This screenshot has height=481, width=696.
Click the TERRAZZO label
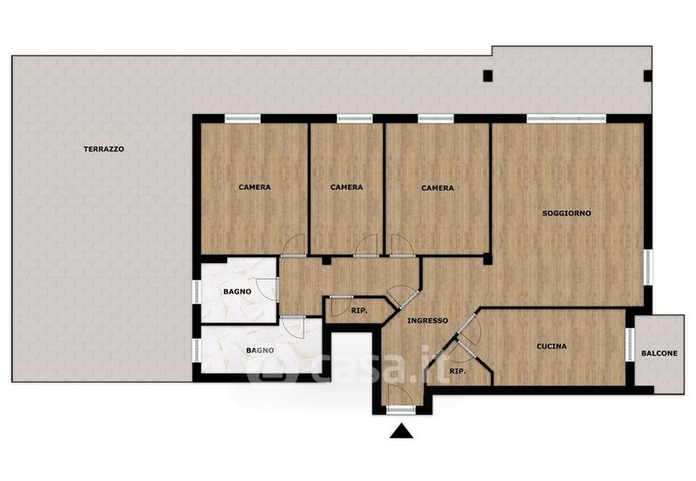coord(104,149)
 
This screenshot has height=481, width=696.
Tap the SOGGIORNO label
coord(567,213)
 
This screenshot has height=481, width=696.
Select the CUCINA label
coord(552,346)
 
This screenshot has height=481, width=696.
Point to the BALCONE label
coord(659,354)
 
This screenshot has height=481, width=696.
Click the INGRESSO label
coord(428,321)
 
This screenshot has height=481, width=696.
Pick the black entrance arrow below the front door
coord(402,430)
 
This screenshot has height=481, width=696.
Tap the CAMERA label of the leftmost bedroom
coord(255,187)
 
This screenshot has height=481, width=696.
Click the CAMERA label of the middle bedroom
coord(346,187)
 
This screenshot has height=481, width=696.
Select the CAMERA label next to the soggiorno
coord(438,188)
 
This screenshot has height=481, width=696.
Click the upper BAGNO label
coord(238,292)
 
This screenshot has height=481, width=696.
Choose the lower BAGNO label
coord(260,351)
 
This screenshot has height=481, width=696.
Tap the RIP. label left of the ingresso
coord(359,311)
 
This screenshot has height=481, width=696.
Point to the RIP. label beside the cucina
coord(458,371)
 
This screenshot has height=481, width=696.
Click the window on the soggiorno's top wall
coord(566,119)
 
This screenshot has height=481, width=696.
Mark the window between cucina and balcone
coord(630,344)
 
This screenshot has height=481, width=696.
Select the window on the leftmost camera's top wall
coord(243,119)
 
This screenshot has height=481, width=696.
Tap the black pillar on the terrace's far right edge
coord(648,76)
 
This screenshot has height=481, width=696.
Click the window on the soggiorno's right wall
coord(648,268)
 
